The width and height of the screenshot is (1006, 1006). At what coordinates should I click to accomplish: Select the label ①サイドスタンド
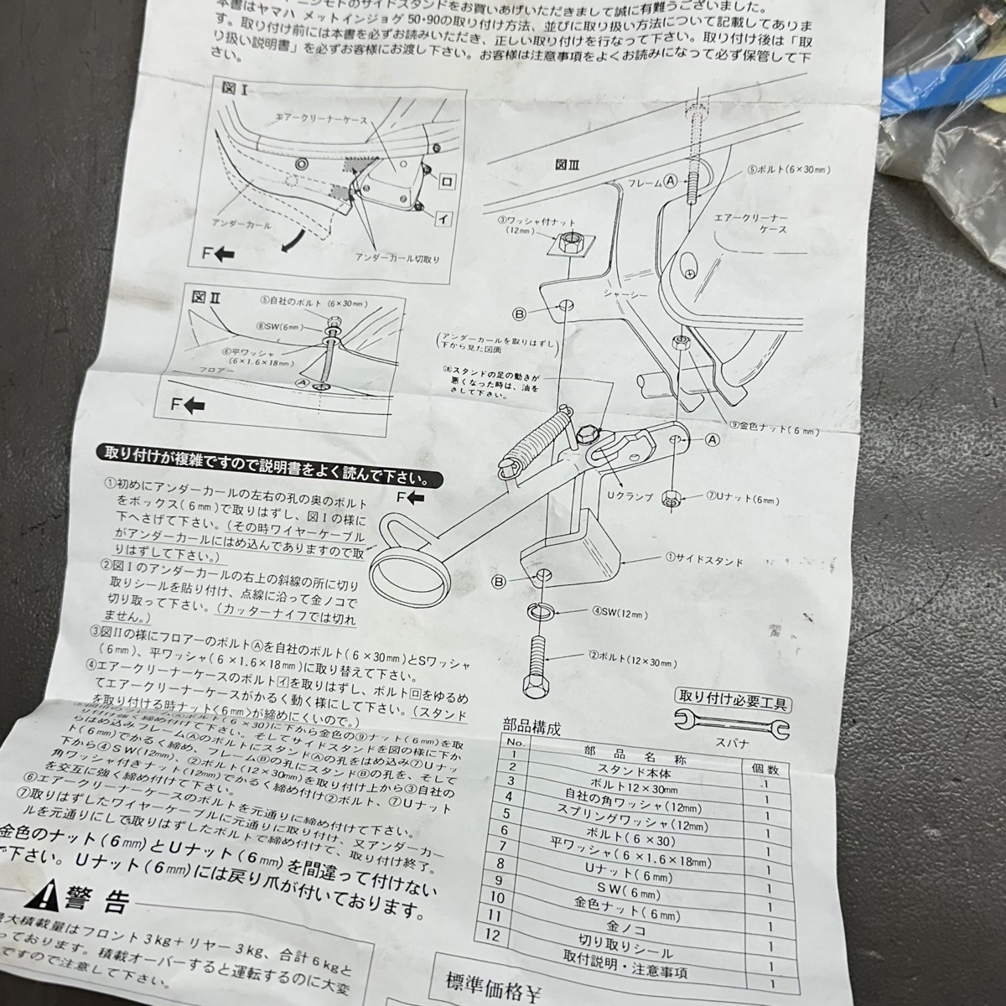[x=704, y=557]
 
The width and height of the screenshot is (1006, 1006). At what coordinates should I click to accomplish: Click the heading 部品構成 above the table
[x=531, y=725]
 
